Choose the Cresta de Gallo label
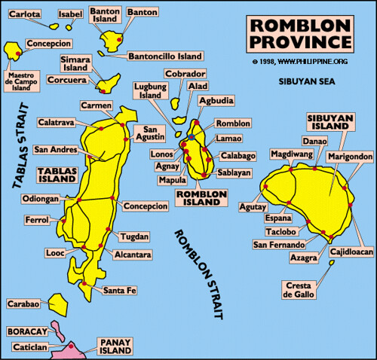300,290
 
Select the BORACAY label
25,331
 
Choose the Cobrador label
185,73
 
